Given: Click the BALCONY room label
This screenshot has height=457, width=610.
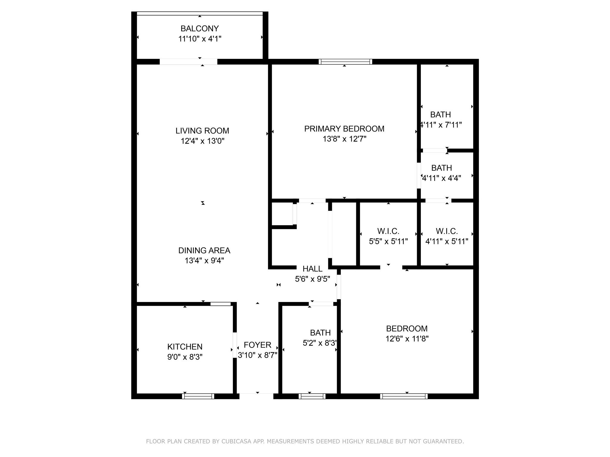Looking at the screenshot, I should coord(200,29).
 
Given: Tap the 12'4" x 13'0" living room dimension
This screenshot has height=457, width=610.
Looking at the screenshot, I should coord(203,141).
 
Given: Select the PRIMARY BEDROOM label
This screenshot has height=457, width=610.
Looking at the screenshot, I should coord(344,129).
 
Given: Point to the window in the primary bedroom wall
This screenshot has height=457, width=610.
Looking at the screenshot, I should coord(345,62).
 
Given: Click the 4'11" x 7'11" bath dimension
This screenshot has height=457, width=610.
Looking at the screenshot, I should coord(441,125).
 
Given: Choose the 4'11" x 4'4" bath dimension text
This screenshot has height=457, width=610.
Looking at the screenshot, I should coord(442,178).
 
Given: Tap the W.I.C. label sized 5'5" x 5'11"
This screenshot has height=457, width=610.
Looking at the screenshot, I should coord(388,231).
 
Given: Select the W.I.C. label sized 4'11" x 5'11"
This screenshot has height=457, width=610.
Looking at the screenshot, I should coord(446,231).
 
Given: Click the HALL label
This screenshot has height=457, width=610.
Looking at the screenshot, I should coord(312,269).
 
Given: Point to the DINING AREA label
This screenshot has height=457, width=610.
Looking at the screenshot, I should coord(204,251).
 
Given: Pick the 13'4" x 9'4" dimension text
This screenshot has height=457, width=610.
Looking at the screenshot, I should coord(204,261).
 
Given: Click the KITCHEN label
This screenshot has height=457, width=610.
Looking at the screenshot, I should coord(185,347).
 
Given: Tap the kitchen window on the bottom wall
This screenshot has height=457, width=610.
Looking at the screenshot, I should coord(198,396).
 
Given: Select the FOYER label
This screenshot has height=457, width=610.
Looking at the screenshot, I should coord(257,345).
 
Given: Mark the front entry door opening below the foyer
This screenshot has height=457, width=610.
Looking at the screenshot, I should coord(256,396).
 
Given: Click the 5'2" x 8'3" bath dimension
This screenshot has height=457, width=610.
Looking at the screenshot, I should coord(320,343).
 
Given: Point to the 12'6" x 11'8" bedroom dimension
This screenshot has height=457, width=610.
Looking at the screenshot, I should coord(407,339).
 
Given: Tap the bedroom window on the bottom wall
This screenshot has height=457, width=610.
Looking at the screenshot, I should coord(404,396).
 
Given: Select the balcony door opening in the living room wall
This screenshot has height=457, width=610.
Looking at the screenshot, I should coord(188,62).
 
